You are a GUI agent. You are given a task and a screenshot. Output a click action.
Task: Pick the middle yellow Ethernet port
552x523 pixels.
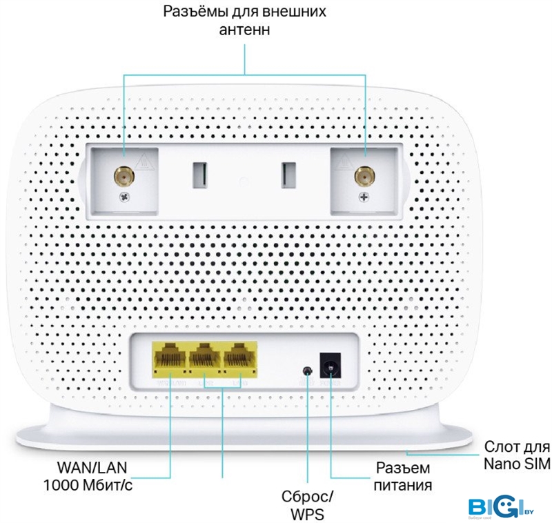click(204, 359)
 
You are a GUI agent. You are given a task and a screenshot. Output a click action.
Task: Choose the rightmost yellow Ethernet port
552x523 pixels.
click(239, 359)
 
